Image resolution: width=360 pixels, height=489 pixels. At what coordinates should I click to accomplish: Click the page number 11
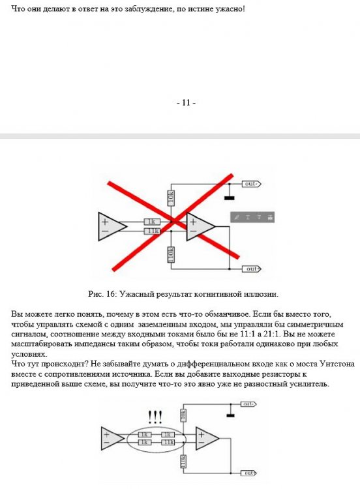[x=186, y=102]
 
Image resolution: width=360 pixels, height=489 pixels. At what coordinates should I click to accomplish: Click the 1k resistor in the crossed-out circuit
[x=151, y=222]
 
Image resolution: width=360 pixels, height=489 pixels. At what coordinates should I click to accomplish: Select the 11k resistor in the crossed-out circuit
[x=151, y=231]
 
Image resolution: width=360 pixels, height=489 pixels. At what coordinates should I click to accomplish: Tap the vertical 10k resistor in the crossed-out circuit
[x=171, y=198]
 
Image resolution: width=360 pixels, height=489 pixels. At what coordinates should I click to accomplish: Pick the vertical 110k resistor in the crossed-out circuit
[x=171, y=254]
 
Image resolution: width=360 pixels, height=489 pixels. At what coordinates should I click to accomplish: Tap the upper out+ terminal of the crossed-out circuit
[x=252, y=184]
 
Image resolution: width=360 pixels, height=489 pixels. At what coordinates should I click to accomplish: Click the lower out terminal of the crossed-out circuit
[x=252, y=269]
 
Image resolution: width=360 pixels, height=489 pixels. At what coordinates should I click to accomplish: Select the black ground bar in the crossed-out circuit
[x=230, y=198]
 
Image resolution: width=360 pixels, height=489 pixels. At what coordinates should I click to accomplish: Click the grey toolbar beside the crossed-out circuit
[x=252, y=217]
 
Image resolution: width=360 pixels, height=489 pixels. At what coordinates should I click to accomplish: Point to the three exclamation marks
[x=155, y=417]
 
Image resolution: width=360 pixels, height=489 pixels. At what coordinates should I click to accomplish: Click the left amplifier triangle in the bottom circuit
[x=112, y=439]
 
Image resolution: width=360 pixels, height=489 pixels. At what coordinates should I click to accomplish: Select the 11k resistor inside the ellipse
[x=168, y=442]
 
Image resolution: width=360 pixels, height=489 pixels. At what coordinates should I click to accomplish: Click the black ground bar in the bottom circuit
[x=230, y=415]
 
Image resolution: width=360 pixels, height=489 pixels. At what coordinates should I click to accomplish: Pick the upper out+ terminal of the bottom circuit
[x=248, y=404]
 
